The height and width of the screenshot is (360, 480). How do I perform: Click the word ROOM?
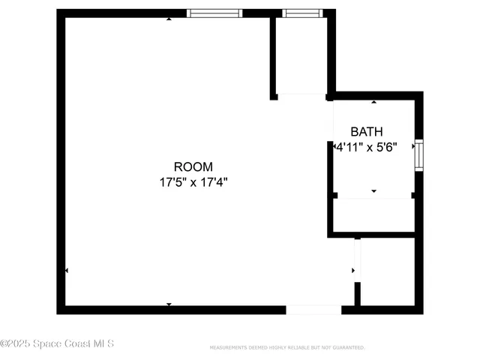click(193, 166)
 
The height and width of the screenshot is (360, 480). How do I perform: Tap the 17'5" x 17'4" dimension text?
click(193, 181)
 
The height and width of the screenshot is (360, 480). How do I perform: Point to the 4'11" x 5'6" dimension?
click(366, 148)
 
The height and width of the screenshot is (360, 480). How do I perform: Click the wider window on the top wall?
click(214, 13)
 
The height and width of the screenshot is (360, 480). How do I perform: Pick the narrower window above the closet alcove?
click(302, 13)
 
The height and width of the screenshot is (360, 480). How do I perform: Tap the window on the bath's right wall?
click(419, 154)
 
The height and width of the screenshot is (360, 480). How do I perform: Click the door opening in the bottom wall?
click(313, 309)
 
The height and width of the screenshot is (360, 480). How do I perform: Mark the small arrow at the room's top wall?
click(169, 18)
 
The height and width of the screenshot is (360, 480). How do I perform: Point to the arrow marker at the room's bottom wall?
click(169, 304)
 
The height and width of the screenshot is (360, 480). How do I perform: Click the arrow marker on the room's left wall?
click(67, 270)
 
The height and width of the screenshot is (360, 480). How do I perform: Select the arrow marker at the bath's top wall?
click(374, 101)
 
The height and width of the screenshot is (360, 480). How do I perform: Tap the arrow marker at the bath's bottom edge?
click(374, 192)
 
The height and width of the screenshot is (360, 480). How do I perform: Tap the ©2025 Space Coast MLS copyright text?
click(57, 343)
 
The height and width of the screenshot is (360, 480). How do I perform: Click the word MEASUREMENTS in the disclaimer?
click(229, 348)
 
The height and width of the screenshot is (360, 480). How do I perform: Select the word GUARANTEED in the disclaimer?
click(348, 348)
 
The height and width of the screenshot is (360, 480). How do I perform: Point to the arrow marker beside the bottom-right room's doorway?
click(353, 270)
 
